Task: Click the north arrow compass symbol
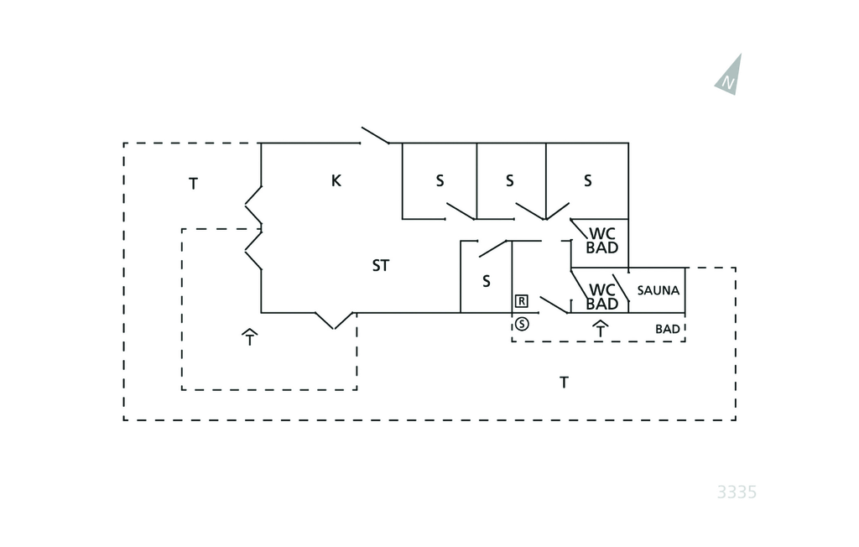(x=729, y=76)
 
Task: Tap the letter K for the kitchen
(x=336, y=180)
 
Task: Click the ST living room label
(x=381, y=266)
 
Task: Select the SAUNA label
(x=658, y=290)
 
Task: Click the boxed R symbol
(x=521, y=300)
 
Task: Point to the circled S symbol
(x=522, y=324)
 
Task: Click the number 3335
(x=737, y=492)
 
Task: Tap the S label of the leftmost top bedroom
(x=440, y=180)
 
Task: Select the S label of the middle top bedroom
(x=509, y=180)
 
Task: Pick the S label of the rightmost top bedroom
(x=587, y=180)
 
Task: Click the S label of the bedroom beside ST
(x=487, y=282)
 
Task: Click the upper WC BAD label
(x=602, y=240)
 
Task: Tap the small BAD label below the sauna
(x=668, y=329)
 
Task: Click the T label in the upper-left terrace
(x=193, y=184)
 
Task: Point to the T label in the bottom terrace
(x=565, y=383)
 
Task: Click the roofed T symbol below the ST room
(x=249, y=337)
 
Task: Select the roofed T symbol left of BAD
(x=600, y=329)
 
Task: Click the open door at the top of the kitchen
(x=375, y=136)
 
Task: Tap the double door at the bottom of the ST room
(x=334, y=320)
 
